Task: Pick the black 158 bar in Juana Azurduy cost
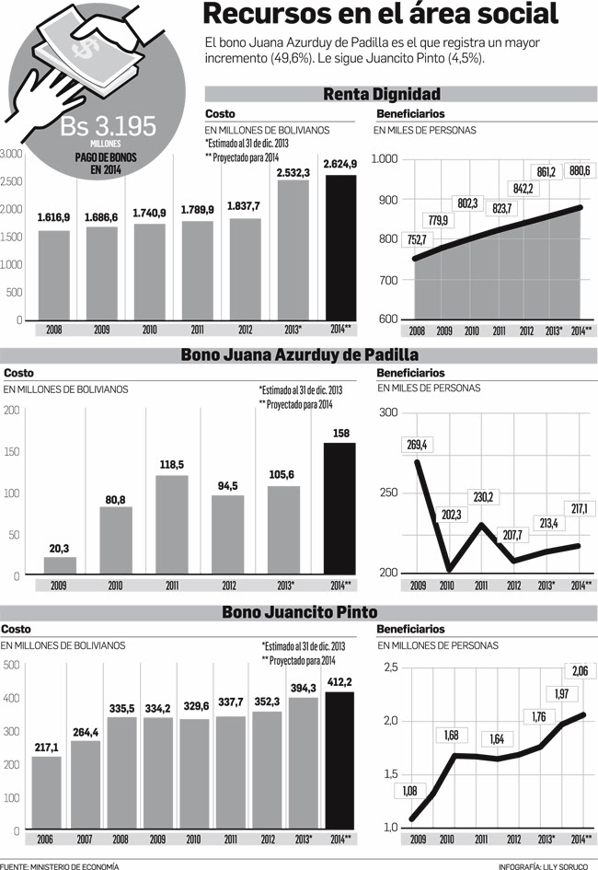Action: (339, 509)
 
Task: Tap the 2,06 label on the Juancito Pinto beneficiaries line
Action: (581, 669)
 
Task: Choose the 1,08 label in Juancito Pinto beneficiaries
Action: (408, 791)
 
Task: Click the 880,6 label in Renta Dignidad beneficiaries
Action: (580, 170)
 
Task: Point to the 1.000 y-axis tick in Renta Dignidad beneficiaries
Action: (384, 160)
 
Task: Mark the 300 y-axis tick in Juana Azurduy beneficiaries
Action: (387, 412)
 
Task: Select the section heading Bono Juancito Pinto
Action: (299, 612)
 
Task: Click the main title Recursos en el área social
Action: (380, 16)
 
